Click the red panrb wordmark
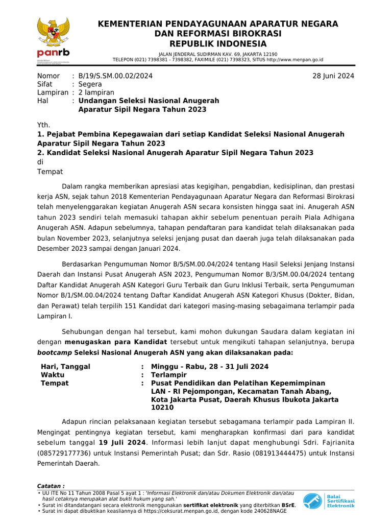[53, 53]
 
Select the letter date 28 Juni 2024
[333, 76]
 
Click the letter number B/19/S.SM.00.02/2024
[115, 76]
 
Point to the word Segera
[90, 84]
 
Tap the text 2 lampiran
[96, 92]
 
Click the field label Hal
[43, 101]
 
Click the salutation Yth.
[44, 125]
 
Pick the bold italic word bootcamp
[55, 352]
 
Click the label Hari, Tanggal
[65, 367]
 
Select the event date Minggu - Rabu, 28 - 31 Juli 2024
[210, 367]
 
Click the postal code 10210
[162, 408]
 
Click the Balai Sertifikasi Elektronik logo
[328, 501]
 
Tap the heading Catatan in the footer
[51, 485]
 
